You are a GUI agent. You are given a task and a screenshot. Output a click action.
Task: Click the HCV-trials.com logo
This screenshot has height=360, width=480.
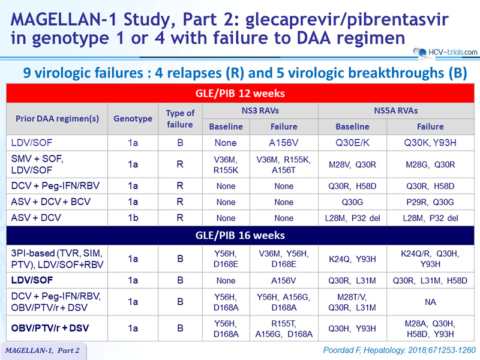(x=445, y=53)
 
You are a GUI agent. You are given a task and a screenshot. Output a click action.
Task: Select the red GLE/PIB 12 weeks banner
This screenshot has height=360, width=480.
(x=240, y=94)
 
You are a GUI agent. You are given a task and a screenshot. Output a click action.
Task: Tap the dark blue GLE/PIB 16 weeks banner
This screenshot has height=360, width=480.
(x=240, y=235)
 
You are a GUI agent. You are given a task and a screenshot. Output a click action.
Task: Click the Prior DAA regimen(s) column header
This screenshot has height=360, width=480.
(x=57, y=118)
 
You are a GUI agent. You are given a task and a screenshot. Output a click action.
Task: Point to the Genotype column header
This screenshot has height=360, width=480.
(x=133, y=118)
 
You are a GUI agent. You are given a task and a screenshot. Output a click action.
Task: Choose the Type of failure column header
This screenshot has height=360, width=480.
(x=180, y=118)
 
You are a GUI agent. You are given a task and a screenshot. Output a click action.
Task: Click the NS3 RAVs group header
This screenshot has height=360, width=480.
(x=260, y=110)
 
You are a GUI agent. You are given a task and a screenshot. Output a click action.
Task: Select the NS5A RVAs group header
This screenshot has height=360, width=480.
(x=396, y=110)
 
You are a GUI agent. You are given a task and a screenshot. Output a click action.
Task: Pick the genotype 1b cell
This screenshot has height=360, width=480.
(x=133, y=218)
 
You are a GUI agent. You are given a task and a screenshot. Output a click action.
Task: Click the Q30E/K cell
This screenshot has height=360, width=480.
(x=352, y=143)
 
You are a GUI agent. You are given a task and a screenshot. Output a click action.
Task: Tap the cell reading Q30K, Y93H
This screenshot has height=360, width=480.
(x=430, y=143)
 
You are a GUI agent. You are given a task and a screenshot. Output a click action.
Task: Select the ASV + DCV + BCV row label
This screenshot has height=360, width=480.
(x=51, y=202)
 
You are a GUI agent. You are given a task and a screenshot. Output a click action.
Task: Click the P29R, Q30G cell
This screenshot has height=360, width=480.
(x=430, y=202)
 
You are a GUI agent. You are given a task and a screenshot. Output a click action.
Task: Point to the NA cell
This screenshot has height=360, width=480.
(x=430, y=302)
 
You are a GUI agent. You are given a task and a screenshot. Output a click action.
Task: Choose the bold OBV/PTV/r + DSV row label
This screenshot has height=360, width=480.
(x=50, y=328)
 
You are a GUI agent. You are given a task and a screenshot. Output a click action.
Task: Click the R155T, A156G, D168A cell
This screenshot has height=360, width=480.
(x=284, y=329)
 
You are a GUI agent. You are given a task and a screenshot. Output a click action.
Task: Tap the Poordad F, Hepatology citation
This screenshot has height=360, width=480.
(x=400, y=350)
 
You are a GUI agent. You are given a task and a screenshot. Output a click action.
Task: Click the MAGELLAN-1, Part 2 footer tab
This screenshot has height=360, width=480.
(x=43, y=351)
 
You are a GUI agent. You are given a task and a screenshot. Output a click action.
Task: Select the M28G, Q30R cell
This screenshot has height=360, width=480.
(x=430, y=164)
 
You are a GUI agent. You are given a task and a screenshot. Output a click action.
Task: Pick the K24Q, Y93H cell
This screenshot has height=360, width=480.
(x=352, y=259)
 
